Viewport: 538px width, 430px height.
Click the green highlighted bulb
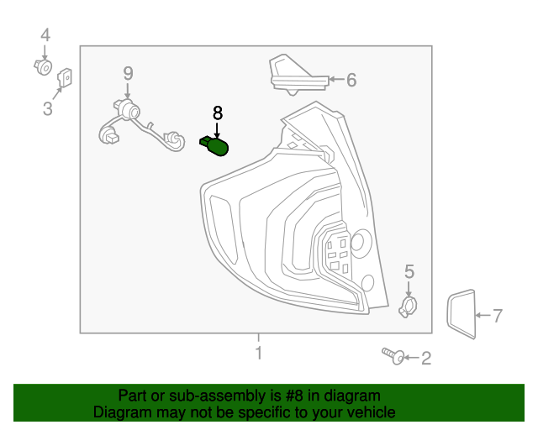(217, 147)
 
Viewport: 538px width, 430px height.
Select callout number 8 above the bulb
(218, 113)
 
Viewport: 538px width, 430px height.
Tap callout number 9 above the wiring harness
(128, 73)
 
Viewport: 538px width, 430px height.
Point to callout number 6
(351, 81)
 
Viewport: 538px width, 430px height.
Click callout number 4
(45, 35)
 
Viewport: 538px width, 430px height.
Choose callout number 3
(47, 108)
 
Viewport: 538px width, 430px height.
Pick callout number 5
(409, 271)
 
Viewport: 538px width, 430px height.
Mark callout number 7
(497, 317)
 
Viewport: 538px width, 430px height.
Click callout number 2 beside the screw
(425, 359)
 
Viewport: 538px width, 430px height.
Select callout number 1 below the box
(259, 353)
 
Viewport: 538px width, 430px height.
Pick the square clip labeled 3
(63, 80)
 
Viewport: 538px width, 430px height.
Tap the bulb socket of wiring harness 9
(129, 108)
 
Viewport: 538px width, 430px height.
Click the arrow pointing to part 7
(482, 317)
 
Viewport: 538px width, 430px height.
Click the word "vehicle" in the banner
(369, 412)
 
